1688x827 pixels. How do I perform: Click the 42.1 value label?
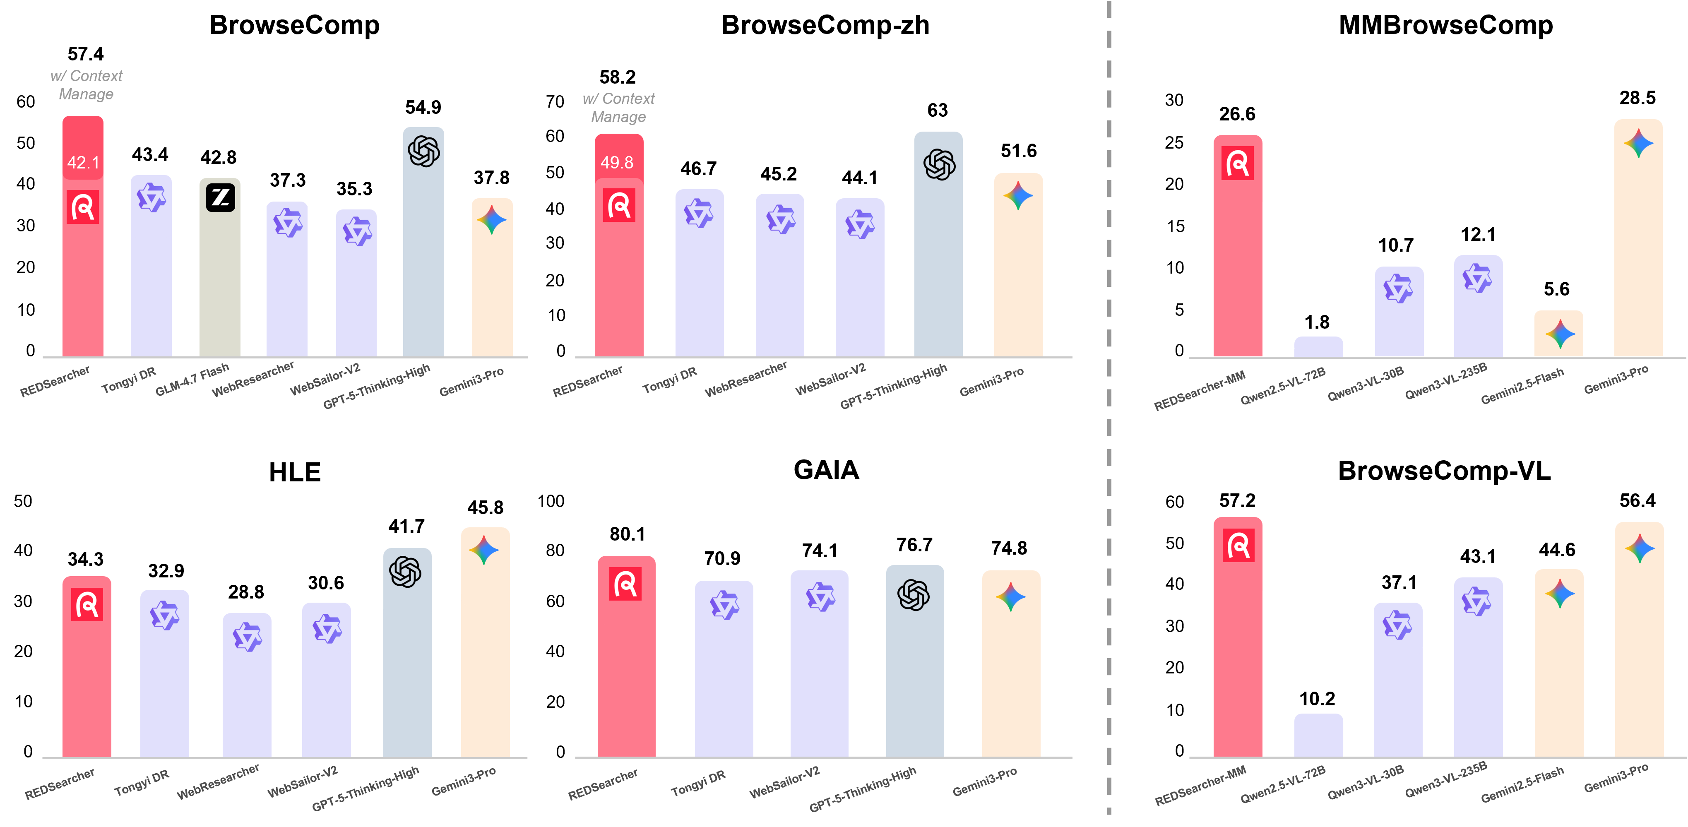point(83,163)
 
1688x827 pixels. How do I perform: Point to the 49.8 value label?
point(617,163)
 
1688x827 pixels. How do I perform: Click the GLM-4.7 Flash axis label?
point(192,380)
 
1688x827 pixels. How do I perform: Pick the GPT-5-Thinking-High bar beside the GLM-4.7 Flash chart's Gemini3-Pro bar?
point(423,262)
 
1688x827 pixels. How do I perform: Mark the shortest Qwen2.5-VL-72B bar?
point(1318,347)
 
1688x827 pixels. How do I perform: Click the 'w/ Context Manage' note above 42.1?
point(86,85)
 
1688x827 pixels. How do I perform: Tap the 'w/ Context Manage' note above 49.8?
point(618,108)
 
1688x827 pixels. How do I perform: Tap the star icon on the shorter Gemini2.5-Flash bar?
point(1560,334)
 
